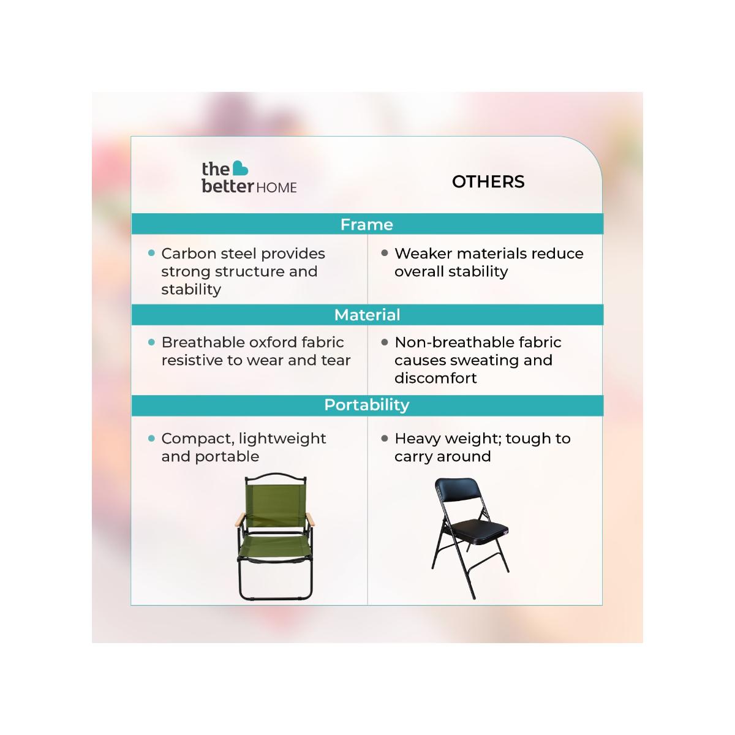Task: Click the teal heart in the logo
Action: point(240,168)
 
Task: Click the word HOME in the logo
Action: point(276,187)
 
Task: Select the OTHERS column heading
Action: point(488,181)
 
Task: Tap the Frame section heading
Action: point(366,225)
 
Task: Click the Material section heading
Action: point(367,315)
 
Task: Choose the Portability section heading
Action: point(366,405)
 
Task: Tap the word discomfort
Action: point(435,378)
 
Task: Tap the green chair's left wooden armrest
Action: point(239,519)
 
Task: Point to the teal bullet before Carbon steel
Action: point(151,253)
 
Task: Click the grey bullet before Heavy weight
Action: point(385,439)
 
